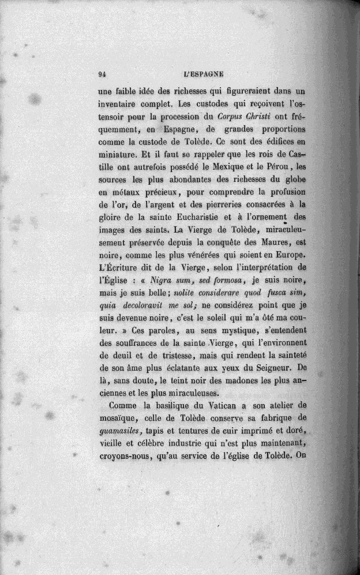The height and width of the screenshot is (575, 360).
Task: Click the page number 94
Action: click(x=102, y=74)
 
